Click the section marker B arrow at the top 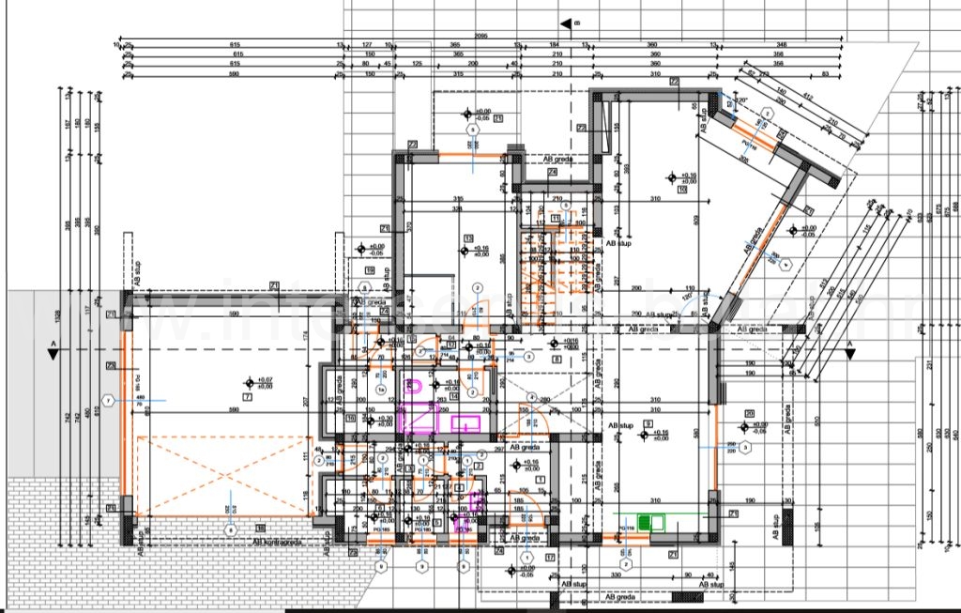tap(566, 23)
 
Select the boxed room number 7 tap(247, 397)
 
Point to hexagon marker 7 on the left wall tap(110, 401)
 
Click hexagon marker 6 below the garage tap(231, 530)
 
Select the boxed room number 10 tap(682, 190)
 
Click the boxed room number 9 tap(648, 424)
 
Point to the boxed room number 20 tap(749, 413)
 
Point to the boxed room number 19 tap(370, 270)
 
